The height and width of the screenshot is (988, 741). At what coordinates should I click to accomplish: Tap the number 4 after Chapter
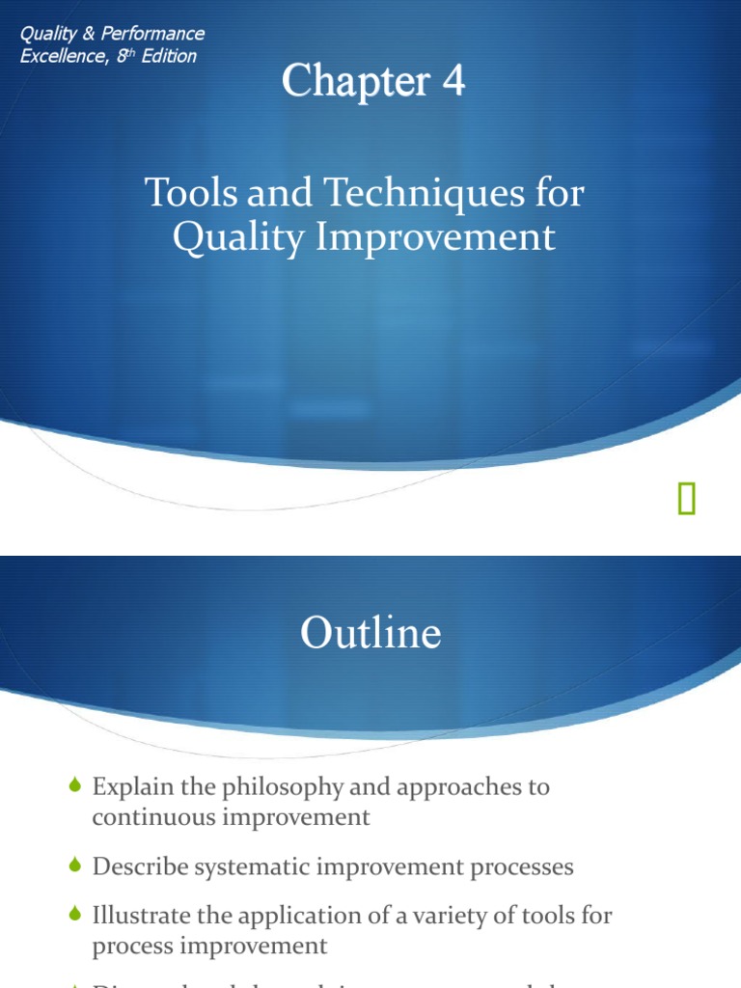453,81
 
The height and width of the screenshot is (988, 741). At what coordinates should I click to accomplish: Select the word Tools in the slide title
184,193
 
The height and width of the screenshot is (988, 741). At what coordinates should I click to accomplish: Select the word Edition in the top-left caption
169,56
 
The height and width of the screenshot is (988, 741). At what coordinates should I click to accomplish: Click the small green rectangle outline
686,499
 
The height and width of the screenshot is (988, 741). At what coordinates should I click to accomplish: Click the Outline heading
370,634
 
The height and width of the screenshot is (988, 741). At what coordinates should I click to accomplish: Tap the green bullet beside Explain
77,786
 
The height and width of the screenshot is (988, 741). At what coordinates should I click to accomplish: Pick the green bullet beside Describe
77,866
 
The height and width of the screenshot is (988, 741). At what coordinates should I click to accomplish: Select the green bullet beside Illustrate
77,915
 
